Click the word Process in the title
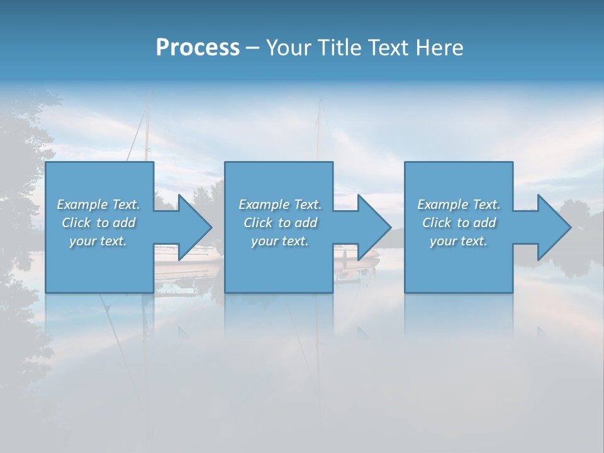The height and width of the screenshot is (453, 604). [198, 48]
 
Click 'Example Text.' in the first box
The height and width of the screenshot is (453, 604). [98, 204]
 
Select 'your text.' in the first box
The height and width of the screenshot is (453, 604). [98, 241]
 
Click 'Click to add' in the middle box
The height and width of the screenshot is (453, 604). [280, 223]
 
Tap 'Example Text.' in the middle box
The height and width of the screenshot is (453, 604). [280, 204]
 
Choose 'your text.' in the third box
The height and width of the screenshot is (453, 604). [459, 241]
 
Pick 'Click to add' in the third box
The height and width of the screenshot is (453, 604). [459, 223]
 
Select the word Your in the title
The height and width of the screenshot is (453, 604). [288, 48]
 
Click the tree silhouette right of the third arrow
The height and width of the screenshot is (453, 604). [576, 252]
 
